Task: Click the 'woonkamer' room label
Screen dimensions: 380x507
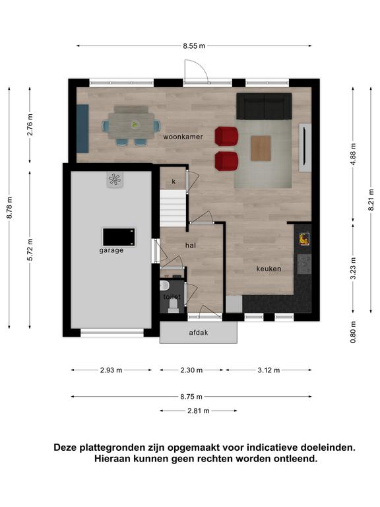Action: point(183,137)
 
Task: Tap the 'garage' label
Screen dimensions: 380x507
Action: point(111,250)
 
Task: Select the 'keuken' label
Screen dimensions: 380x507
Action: point(269,269)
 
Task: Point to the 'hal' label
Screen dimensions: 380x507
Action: point(191,246)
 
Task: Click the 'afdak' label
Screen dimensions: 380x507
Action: point(199,333)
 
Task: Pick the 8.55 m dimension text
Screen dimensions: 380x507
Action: point(194,46)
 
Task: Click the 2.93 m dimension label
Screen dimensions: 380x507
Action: point(111,370)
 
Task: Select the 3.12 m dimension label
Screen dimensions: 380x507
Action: point(269,370)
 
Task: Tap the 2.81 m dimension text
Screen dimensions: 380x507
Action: point(199,411)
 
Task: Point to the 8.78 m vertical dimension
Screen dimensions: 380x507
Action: point(9,207)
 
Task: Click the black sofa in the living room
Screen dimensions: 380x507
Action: point(264,106)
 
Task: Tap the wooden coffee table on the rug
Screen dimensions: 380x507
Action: point(261,148)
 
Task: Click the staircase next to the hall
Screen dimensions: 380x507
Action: point(174,208)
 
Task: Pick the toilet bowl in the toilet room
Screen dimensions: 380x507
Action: point(164,285)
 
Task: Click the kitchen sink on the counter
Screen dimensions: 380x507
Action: point(304,264)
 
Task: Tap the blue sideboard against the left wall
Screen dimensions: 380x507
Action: point(82,129)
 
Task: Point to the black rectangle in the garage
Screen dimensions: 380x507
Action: point(119,237)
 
